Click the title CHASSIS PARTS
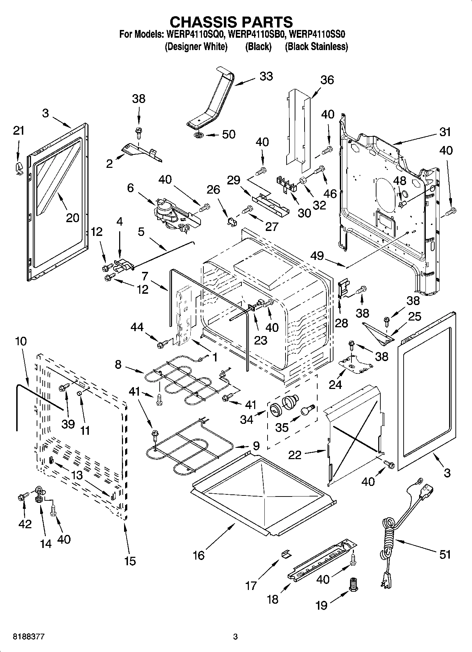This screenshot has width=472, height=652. [231, 22]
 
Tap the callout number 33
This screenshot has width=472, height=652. [266, 76]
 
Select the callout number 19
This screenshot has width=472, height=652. [321, 605]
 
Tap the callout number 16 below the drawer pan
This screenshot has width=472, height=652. [198, 555]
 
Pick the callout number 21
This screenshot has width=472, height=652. [19, 130]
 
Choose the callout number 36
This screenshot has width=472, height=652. [327, 80]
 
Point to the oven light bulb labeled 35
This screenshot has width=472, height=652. [307, 410]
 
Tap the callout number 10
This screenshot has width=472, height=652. [21, 341]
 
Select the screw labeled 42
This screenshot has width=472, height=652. [22, 497]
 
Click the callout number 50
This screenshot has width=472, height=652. [229, 134]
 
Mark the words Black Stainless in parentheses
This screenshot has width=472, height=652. [316, 47]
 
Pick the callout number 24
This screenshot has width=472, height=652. [335, 384]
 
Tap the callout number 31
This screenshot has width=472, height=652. [445, 132]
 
